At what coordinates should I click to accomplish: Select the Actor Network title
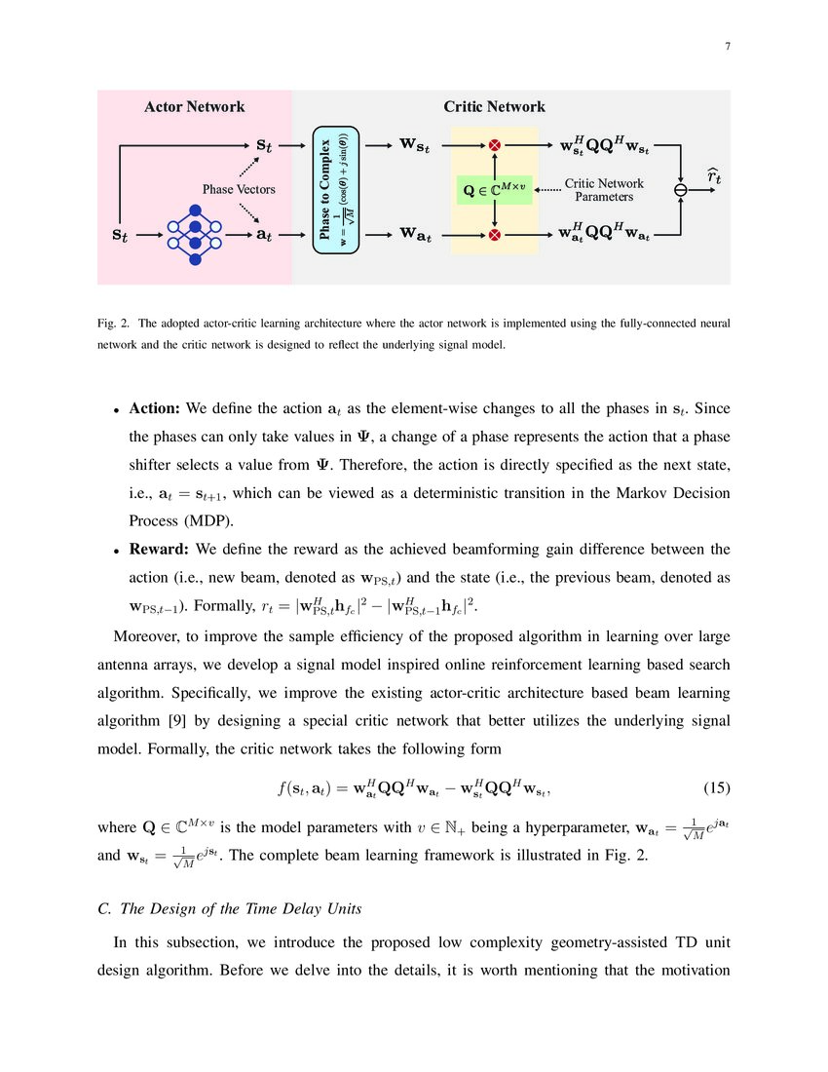(194, 106)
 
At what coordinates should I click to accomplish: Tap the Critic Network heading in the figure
(494, 106)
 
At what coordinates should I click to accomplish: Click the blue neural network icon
(194, 235)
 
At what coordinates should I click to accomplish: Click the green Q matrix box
(494, 189)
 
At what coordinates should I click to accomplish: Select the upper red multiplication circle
(494, 146)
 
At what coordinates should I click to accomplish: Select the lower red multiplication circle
(494, 234)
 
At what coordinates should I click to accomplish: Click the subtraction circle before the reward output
(681, 190)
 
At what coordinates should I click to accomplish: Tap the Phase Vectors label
(239, 189)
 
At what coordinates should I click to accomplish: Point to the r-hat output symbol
(714, 177)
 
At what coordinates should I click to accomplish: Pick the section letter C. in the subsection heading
(105, 909)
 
